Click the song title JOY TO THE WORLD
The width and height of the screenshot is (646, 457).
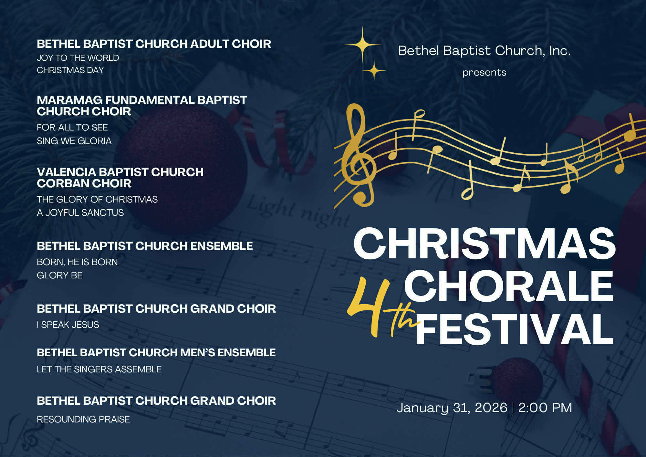click(x=78, y=58)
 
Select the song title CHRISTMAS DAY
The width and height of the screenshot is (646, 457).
click(x=70, y=70)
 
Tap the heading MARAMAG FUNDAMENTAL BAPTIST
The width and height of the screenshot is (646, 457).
click(x=142, y=100)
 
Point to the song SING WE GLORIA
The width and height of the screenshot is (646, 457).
click(x=74, y=141)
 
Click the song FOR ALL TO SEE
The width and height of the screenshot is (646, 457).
click(x=72, y=127)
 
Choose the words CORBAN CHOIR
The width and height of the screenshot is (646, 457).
click(x=84, y=183)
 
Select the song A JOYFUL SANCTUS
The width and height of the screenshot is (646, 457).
click(x=80, y=213)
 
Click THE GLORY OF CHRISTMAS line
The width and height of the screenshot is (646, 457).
click(x=97, y=199)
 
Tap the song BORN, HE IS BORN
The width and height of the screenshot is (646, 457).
click(x=77, y=262)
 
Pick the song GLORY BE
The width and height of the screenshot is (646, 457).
click(x=60, y=275)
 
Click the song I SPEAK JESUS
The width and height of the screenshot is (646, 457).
click(x=68, y=325)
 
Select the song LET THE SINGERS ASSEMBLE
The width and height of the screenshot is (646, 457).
click(x=99, y=369)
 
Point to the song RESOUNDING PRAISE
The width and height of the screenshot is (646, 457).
click(x=83, y=419)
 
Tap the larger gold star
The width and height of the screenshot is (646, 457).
click(x=362, y=45)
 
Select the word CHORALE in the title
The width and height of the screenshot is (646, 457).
click(x=509, y=286)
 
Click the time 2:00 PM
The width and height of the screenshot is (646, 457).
click(x=545, y=408)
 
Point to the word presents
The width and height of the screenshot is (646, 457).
click(x=484, y=72)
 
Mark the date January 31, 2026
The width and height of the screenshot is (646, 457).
click(x=452, y=408)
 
